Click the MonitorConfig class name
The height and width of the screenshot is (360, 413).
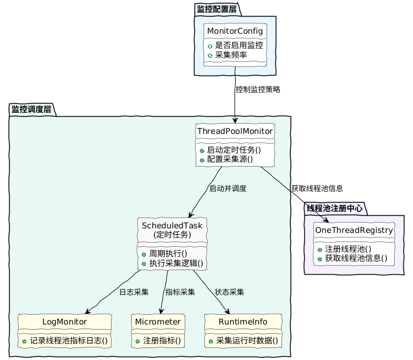[x=235, y=30]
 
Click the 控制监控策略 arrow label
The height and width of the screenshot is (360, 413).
[x=258, y=90]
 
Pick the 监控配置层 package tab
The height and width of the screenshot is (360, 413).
[x=217, y=9]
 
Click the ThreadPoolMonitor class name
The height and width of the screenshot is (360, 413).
[x=235, y=131]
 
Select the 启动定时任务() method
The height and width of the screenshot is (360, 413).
[x=233, y=149]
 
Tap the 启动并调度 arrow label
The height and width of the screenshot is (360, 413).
[x=228, y=188]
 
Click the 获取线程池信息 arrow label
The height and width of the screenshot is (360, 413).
[x=317, y=188]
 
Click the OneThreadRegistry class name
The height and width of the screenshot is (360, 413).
[x=354, y=231]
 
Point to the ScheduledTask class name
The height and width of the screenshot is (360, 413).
[x=173, y=225]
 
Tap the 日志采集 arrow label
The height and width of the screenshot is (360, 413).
[x=134, y=292]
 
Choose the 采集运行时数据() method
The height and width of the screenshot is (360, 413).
[x=247, y=341]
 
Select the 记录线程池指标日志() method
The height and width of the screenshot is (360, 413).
[x=69, y=341]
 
